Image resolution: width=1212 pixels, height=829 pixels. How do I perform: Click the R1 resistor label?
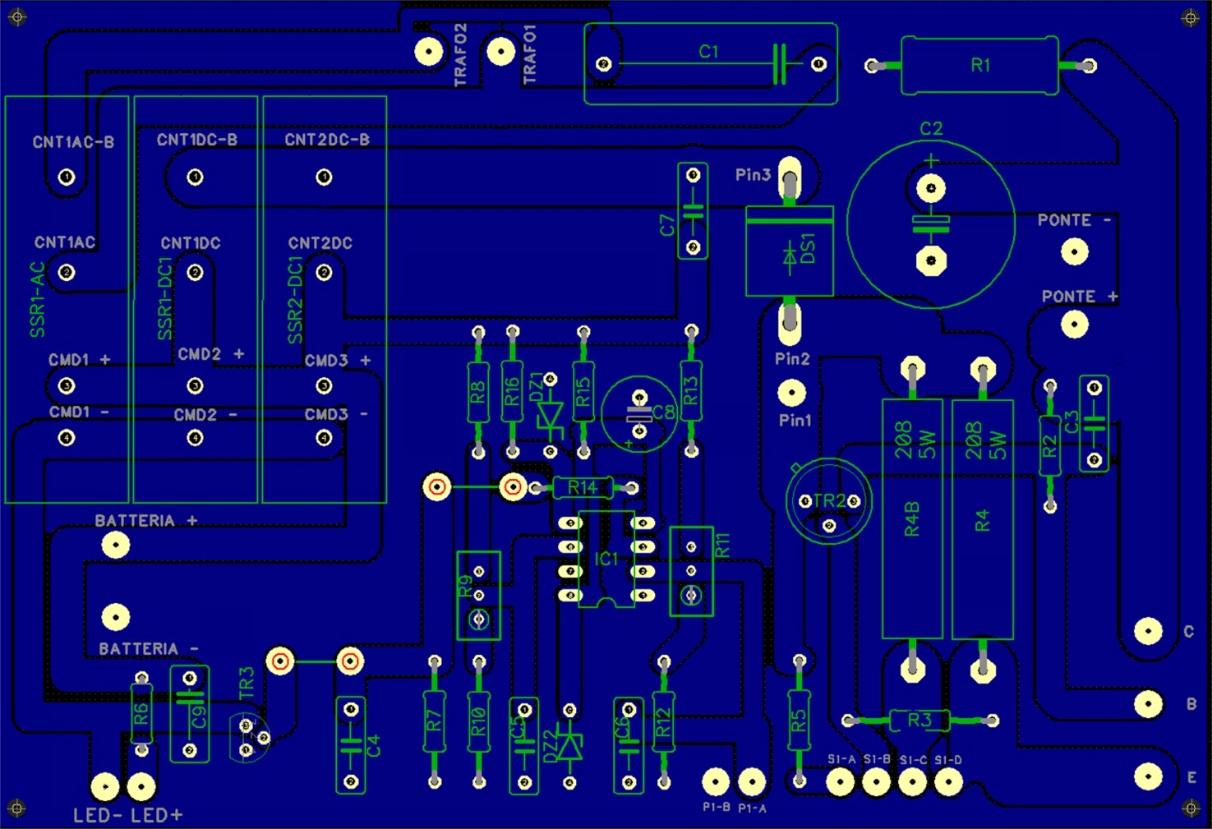[x=980, y=65]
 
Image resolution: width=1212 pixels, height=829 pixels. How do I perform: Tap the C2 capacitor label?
[x=931, y=129]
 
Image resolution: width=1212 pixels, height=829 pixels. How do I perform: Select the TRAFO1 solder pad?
[x=500, y=52]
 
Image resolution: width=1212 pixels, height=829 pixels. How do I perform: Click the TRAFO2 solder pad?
[x=428, y=52]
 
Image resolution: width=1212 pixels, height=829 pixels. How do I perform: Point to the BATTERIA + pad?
[x=116, y=544]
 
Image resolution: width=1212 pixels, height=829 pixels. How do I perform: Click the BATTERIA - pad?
[x=116, y=616]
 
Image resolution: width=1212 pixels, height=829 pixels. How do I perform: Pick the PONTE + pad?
[x=1075, y=325]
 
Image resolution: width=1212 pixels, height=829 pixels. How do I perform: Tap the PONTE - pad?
[x=1075, y=252]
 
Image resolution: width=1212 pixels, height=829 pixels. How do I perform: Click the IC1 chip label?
[x=606, y=560]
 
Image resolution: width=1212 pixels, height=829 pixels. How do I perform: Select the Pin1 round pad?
[x=791, y=393]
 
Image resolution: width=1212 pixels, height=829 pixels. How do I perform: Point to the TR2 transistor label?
[x=829, y=500]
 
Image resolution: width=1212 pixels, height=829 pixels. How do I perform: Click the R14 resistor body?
[x=583, y=488]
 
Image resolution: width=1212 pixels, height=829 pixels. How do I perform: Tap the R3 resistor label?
[x=919, y=721]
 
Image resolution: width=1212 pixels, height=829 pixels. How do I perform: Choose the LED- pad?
[x=105, y=786]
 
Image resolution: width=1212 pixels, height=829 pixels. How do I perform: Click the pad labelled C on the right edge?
[x=1148, y=631]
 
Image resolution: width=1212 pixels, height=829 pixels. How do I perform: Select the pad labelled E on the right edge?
[x=1148, y=776]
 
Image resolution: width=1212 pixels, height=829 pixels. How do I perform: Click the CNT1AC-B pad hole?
[x=67, y=177]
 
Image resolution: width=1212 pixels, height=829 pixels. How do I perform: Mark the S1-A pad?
[x=841, y=781]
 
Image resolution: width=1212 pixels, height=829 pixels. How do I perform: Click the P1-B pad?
[x=716, y=781]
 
